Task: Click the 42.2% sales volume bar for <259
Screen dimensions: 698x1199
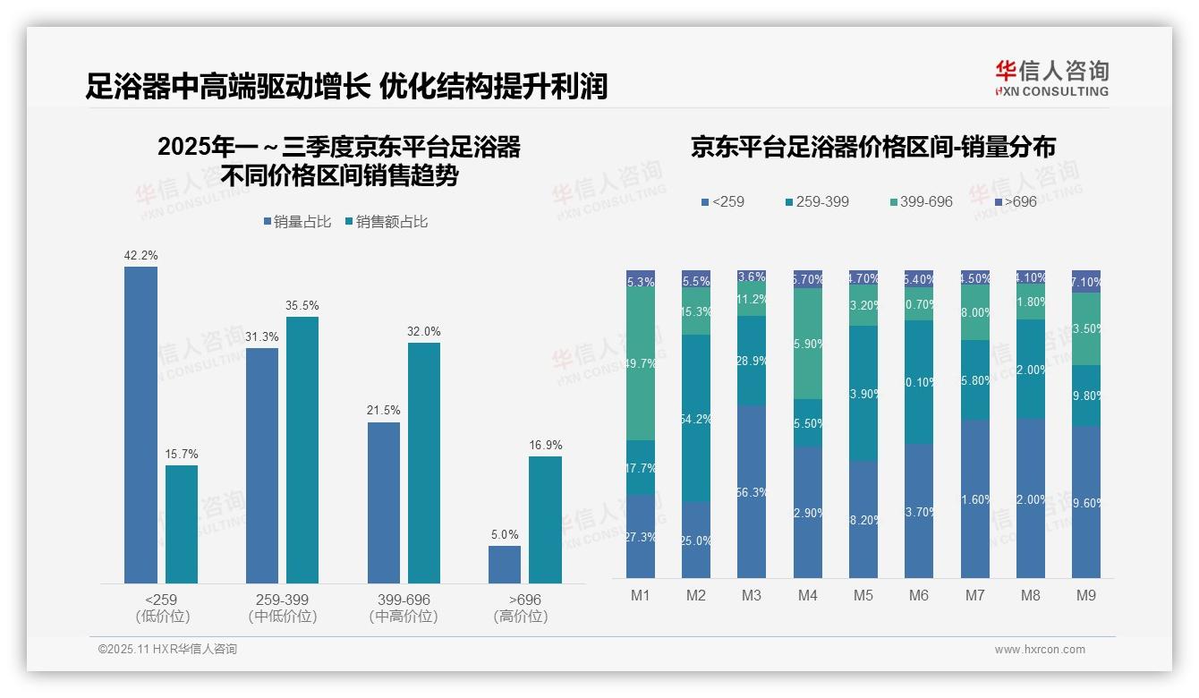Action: pyautogui.click(x=140, y=425)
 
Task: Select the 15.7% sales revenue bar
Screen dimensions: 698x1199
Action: pyautogui.click(x=182, y=524)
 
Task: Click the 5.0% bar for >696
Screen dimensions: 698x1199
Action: pyautogui.click(x=505, y=565)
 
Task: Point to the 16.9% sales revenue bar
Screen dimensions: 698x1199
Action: pyautogui.click(x=545, y=520)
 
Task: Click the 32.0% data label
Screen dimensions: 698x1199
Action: pyautogui.click(x=424, y=331)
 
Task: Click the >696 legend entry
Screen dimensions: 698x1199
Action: pyautogui.click(x=1015, y=201)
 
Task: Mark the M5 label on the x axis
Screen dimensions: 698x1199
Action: pyautogui.click(x=863, y=595)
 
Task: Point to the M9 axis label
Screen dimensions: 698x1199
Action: pyautogui.click(x=1085, y=595)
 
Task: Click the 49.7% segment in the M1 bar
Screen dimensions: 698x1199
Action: pyautogui.click(x=641, y=364)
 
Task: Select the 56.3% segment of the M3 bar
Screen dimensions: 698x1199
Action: pyautogui.click(x=752, y=491)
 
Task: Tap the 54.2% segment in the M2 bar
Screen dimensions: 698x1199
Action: pyautogui.click(x=696, y=418)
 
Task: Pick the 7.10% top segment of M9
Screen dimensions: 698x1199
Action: pyautogui.click(x=1086, y=282)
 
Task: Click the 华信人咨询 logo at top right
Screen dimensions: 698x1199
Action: pyautogui.click(x=1051, y=78)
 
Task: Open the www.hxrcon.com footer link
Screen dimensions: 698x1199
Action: pyautogui.click(x=1040, y=650)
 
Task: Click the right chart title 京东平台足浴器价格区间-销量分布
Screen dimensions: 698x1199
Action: pyautogui.click(x=872, y=148)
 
